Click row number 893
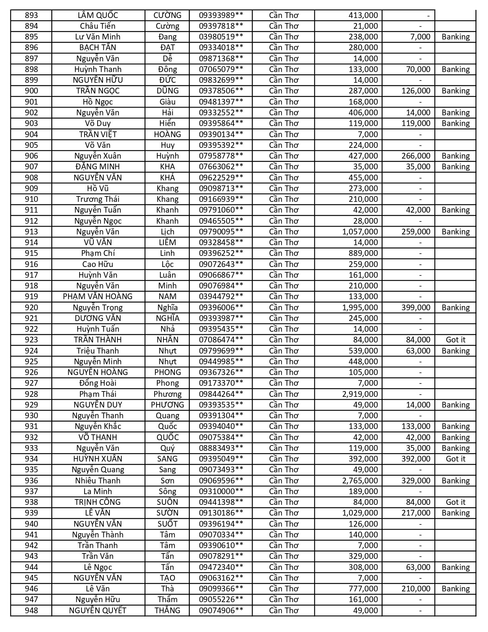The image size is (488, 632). click(31, 15)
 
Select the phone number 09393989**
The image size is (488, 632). click(221, 15)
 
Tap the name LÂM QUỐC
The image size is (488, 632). click(98, 15)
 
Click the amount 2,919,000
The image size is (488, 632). click(360, 394)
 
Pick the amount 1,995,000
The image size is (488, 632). click(360, 308)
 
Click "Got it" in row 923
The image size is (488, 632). click(455, 340)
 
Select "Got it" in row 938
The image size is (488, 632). click(455, 502)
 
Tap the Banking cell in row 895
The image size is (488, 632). click(455, 37)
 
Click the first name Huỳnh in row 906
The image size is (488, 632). click(167, 156)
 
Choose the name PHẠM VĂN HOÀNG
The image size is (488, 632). click(98, 296)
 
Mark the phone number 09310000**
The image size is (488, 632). click(221, 491)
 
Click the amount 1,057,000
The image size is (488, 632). click(360, 232)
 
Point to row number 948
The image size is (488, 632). click(31, 611)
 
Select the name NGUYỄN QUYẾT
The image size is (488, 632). click(98, 611)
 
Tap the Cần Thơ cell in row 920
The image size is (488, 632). click(284, 308)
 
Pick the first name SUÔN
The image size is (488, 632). click(167, 502)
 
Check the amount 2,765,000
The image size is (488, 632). click(360, 481)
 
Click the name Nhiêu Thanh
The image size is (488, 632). click(98, 481)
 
